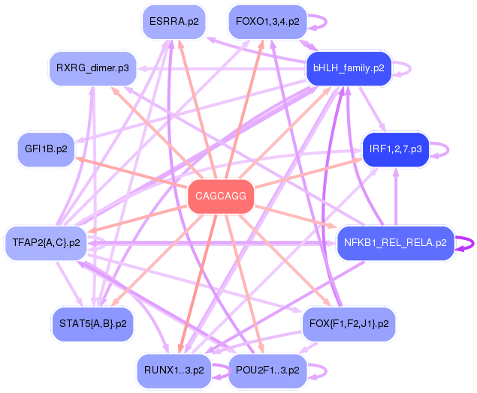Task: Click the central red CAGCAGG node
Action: pyautogui.click(x=221, y=196)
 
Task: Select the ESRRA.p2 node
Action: pyautogui.click(x=174, y=22)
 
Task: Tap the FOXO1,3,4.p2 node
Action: pyautogui.click(x=267, y=22)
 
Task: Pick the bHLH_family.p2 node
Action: pyautogui.click(x=349, y=68)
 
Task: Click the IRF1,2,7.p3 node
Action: pyautogui.click(x=395, y=149)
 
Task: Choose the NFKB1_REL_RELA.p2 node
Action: pyautogui.click(x=395, y=243)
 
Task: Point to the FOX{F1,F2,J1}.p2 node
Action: pyautogui.click(x=349, y=324)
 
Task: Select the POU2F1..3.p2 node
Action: pyautogui.click(x=267, y=370)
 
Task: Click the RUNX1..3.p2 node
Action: pyautogui.click(x=174, y=370)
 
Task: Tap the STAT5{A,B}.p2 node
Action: pyautogui.click(x=93, y=324)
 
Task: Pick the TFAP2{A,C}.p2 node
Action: pyautogui.click(x=47, y=243)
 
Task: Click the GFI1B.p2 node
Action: pyautogui.click(x=47, y=149)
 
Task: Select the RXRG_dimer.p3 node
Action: pyautogui.click(x=93, y=68)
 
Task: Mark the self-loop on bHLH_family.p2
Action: pyautogui.click(x=410, y=69)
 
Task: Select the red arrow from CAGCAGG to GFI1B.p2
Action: pyautogui.click(x=131, y=171)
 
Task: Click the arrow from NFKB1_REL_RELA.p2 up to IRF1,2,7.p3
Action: pyautogui.click(x=396, y=196)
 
